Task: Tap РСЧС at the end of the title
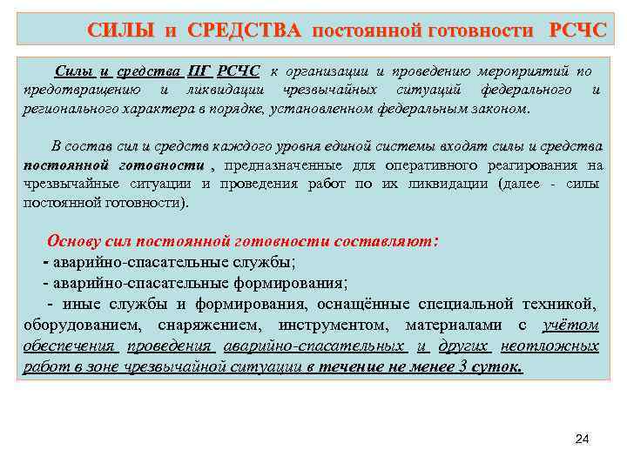click(577, 31)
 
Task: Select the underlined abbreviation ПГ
click(199, 70)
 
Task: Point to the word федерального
click(526, 90)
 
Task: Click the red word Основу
click(75, 241)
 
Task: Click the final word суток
click(496, 366)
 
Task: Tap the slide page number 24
click(583, 440)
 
